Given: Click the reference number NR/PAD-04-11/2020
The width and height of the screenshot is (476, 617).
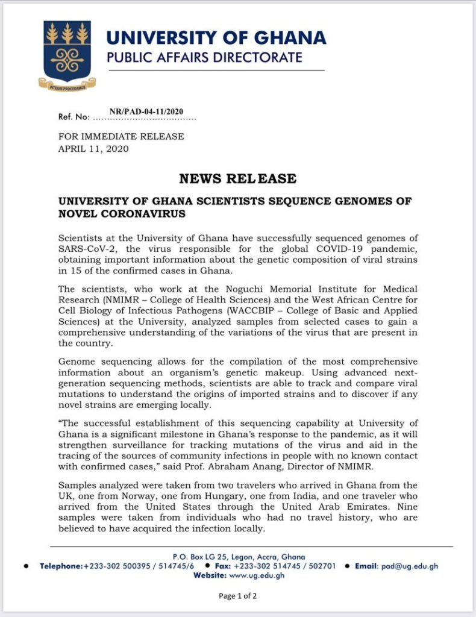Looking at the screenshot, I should coord(146,111).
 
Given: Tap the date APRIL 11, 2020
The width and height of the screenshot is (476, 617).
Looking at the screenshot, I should coord(93,148).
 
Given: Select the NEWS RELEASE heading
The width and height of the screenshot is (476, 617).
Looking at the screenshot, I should coord(237,179).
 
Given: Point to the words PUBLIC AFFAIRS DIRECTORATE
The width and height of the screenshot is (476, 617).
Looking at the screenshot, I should coord(204,58).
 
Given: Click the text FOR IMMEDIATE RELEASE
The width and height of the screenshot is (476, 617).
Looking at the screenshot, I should coord(121,137).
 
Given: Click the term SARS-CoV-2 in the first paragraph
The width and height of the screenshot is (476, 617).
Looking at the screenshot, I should coord(84,249).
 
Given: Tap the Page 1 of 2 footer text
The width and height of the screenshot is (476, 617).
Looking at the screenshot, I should coord(237,597).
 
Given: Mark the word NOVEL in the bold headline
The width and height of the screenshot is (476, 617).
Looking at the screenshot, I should coord(81,214).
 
